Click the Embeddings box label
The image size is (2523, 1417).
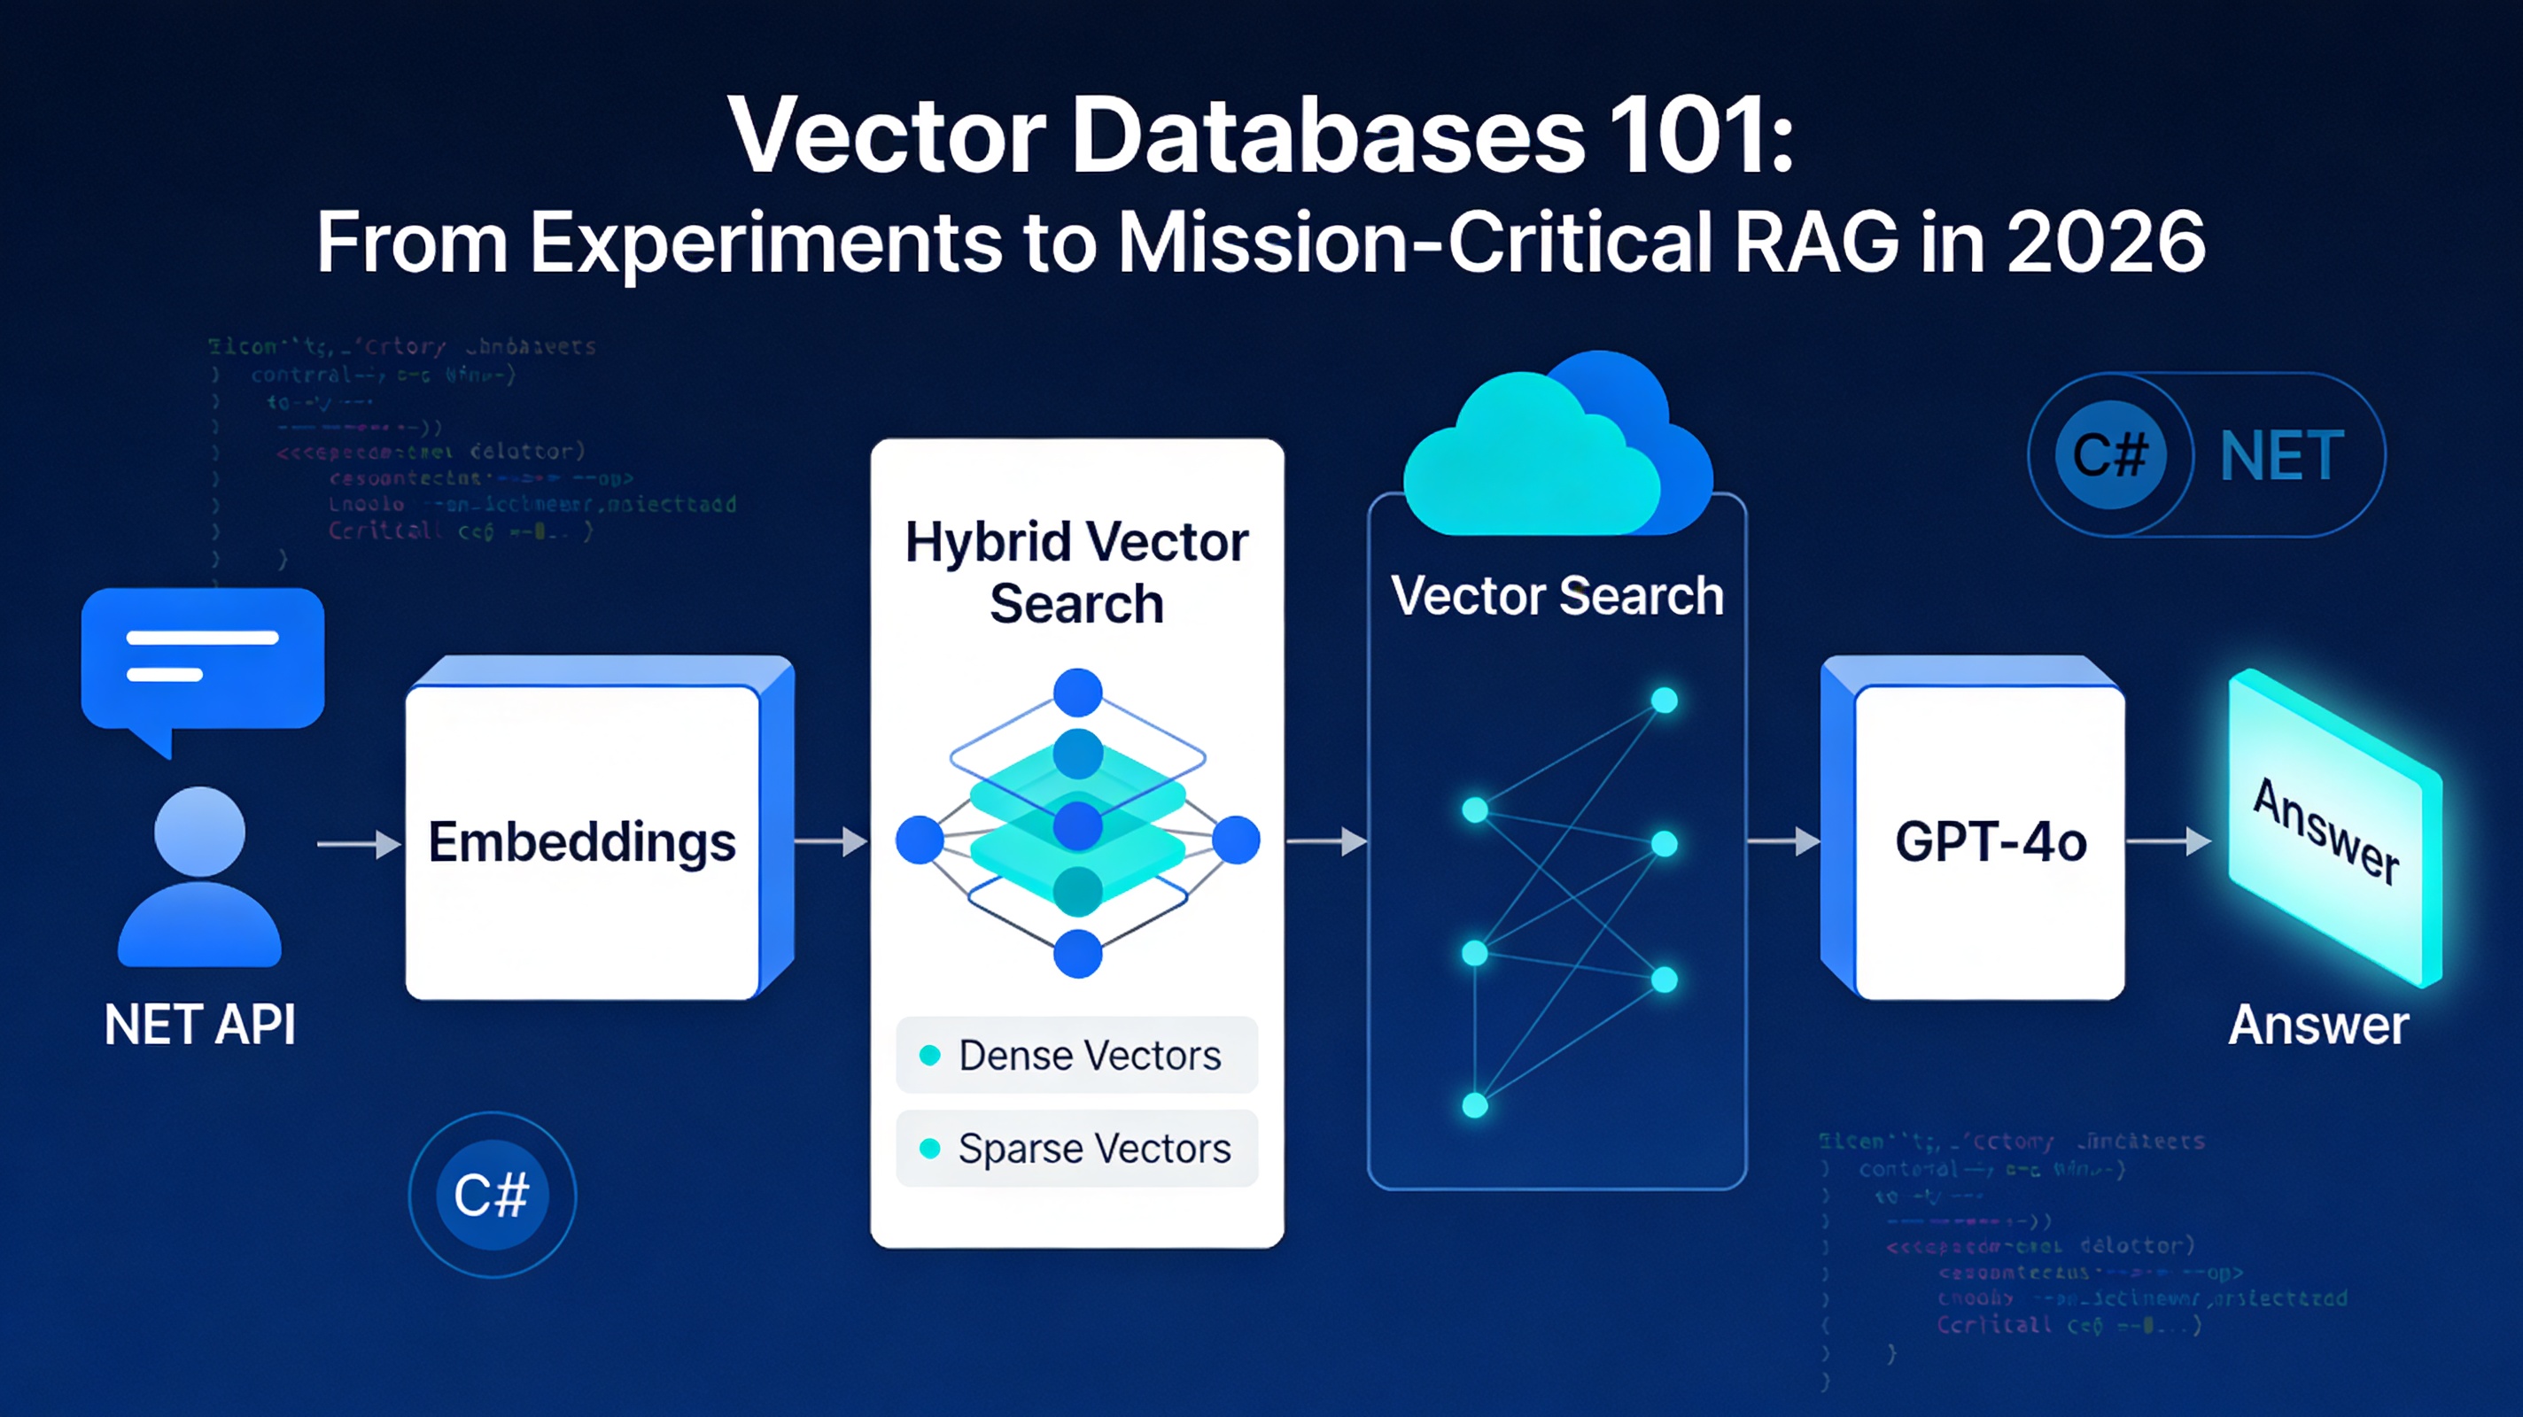click(x=582, y=842)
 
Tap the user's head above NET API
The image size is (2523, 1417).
click(x=200, y=832)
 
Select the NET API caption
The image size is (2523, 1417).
click(x=200, y=1026)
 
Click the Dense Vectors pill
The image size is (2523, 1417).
click(x=1076, y=1056)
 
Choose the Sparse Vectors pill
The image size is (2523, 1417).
click(x=1076, y=1149)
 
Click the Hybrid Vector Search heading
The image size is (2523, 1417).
click(x=1076, y=572)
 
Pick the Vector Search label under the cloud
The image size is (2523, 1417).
click(x=1557, y=595)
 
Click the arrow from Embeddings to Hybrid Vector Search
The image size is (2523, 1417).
click(x=831, y=841)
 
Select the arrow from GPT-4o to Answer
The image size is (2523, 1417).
click(x=2169, y=841)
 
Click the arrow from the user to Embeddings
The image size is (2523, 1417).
click(x=359, y=843)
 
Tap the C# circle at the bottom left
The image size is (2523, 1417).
click(x=492, y=1195)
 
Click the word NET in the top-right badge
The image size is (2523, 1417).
click(x=2282, y=456)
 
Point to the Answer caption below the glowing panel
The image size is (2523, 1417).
click(x=2318, y=1026)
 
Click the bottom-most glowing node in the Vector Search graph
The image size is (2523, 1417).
click(x=1475, y=1105)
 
